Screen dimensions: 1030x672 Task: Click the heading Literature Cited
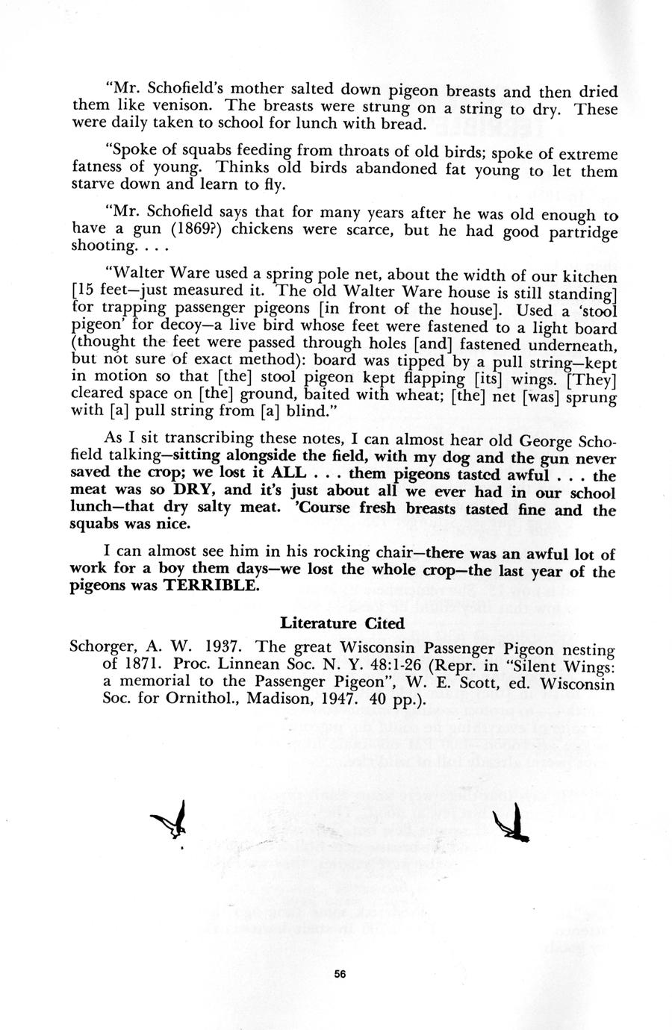tap(343, 622)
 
